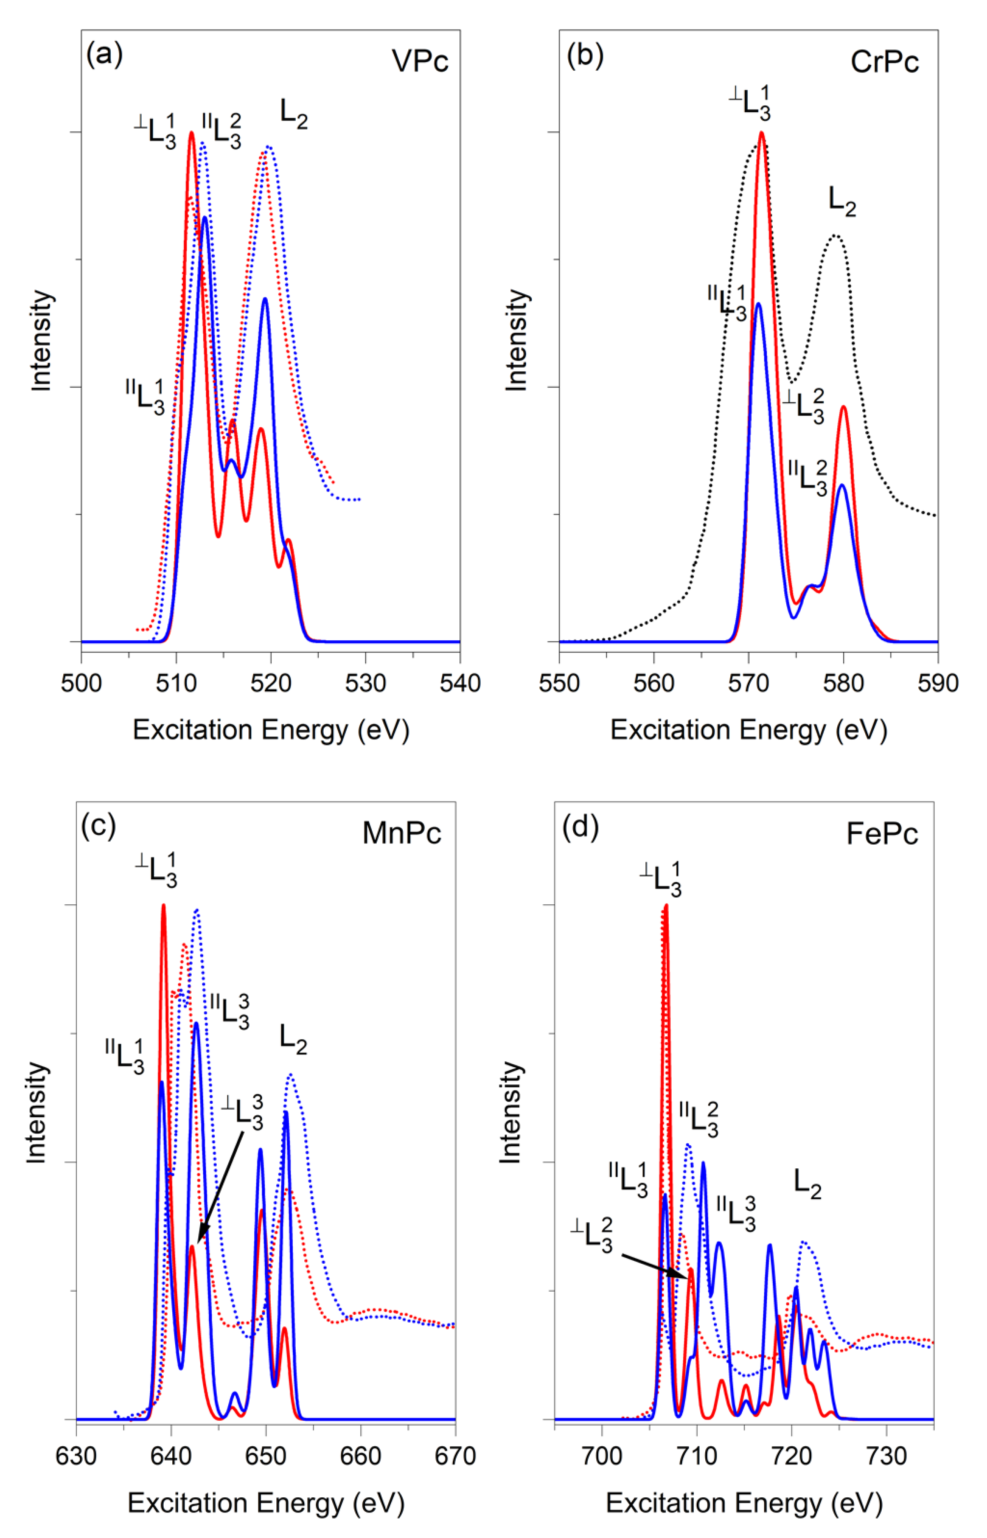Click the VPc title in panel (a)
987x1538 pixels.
coord(420,62)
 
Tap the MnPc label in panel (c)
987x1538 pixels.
coord(401,833)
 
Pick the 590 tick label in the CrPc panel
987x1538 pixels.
coord(937,683)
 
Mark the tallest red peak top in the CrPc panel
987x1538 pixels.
coord(761,133)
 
